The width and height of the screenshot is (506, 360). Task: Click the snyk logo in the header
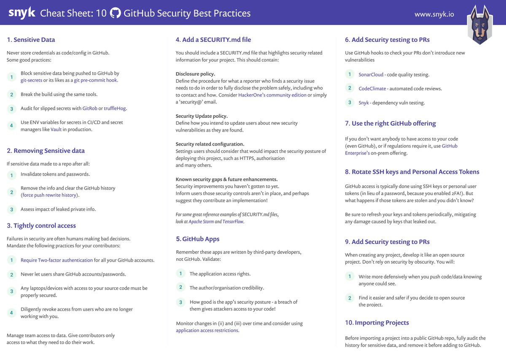pos(22,13)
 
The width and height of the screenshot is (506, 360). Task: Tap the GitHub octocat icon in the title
pos(115,13)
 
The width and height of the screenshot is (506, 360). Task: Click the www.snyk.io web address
pos(434,14)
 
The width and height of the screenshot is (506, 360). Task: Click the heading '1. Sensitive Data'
pos(31,40)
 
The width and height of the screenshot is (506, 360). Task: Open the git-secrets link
pos(31,80)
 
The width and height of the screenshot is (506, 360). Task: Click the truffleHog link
pos(115,108)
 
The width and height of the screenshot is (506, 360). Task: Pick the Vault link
pos(56,130)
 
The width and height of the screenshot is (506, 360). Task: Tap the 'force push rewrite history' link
pos(49,195)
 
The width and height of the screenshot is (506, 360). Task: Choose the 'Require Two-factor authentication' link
pos(57,260)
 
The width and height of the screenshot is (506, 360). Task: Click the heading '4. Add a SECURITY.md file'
pos(213,40)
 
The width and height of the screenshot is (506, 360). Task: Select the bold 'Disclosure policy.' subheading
pos(195,73)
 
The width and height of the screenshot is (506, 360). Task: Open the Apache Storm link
pos(201,222)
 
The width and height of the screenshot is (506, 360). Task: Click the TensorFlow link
pos(233,222)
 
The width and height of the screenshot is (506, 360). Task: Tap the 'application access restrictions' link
pos(207,330)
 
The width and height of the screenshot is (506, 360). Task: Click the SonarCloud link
pos(371,75)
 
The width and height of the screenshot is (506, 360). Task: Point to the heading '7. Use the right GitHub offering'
pos(390,123)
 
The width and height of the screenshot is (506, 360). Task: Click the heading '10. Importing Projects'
pos(377,322)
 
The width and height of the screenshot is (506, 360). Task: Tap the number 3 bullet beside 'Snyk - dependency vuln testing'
pos(349,102)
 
